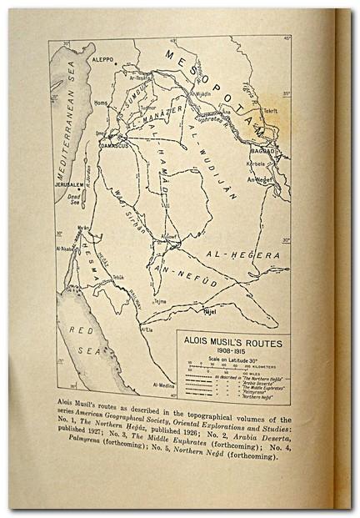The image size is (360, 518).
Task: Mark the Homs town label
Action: [102, 103]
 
